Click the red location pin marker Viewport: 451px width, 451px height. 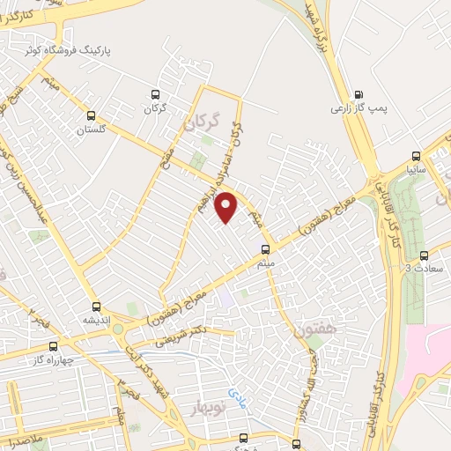point(227,208)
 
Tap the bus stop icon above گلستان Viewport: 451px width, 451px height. point(91,115)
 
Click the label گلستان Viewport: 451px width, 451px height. point(92,130)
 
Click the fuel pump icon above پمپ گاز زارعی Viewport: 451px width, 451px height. point(359,94)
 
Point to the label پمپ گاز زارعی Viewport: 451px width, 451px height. point(358,109)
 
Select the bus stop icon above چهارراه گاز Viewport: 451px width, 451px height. point(54,346)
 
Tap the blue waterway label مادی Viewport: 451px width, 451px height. point(233,390)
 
